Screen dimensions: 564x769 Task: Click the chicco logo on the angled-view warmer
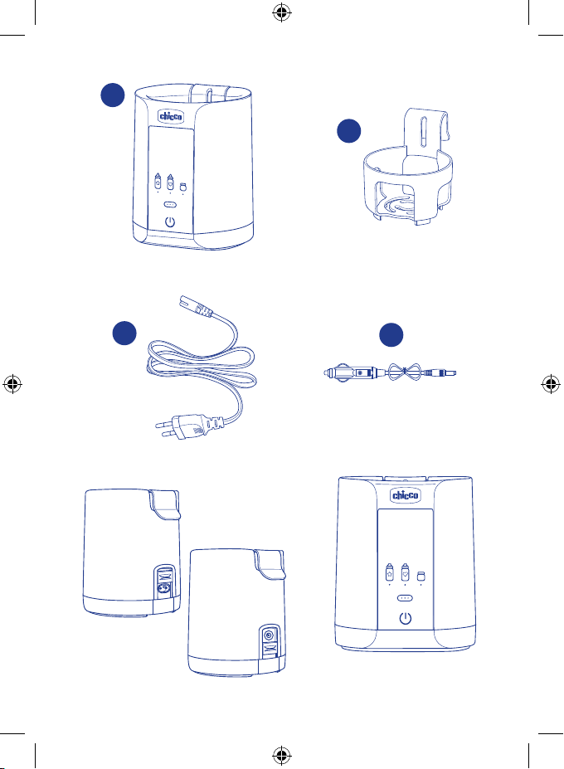pos(171,116)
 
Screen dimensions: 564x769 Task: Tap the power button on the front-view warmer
pos(405,619)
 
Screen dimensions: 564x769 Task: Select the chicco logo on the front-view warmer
pos(405,495)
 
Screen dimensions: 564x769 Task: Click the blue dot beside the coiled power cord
pos(124,333)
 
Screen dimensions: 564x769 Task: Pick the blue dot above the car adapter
pos(391,335)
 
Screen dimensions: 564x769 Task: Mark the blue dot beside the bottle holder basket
pos(348,131)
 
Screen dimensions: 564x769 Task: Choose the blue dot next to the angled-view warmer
pos(113,95)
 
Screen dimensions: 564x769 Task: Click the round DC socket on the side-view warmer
pos(269,636)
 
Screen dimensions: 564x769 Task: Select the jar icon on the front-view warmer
pos(421,577)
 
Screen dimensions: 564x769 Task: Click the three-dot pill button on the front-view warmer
pos(405,598)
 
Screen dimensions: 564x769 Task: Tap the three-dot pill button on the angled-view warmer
pos(169,204)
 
